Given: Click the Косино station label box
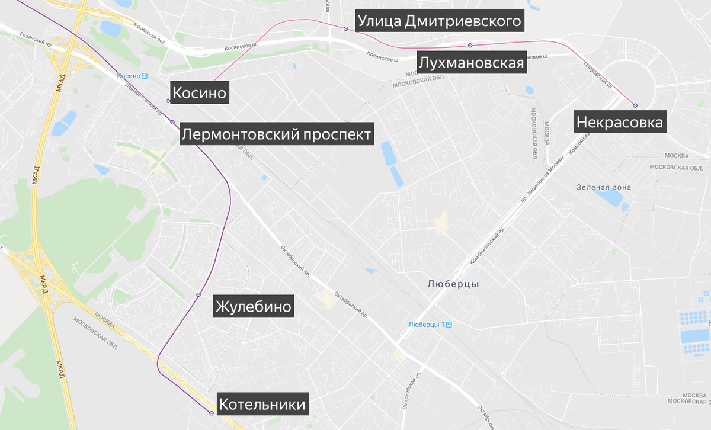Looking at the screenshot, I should [199, 93].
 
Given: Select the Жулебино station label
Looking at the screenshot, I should [254, 307].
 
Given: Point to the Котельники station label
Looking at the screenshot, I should [262, 405].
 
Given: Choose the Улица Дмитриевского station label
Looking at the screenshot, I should [440, 21].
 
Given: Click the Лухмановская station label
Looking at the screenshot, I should [471, 63].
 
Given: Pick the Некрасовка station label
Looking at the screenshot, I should [619, 123].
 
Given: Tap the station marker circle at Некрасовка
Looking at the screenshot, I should [635, 105].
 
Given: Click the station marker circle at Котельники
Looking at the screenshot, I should [212, 413].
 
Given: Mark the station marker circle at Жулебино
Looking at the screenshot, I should [198, 294].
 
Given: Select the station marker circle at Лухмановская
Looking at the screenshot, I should [470, 45].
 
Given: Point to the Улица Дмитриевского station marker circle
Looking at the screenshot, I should [345, 28].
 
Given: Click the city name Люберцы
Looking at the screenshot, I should [453, 284].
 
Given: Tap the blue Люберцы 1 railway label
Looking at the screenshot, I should [431, 325].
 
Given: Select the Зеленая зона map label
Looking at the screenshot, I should [604, 187].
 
